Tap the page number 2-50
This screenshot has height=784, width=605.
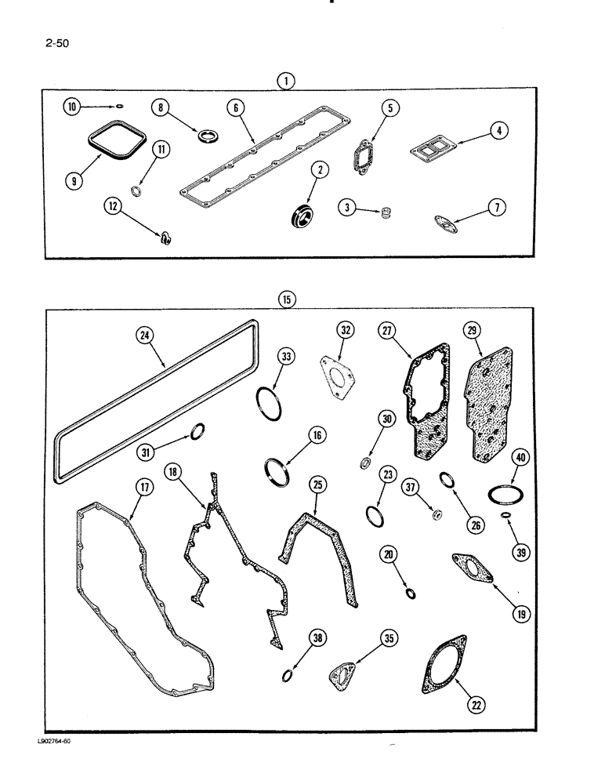[x=58, y=44]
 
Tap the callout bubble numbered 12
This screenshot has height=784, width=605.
[x=114, y=206]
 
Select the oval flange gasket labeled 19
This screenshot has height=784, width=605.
[x=473, y=567]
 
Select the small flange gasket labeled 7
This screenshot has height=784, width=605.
[x=447, y=223]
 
